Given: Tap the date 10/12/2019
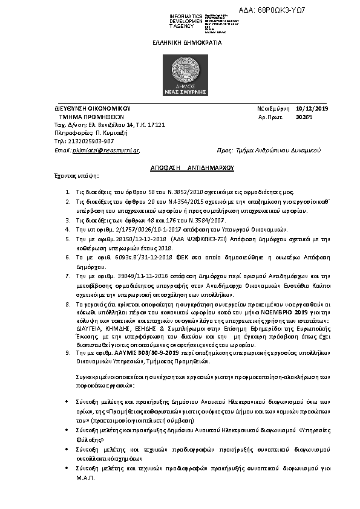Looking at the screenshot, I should pyautogui.click(x=313, y=108).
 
